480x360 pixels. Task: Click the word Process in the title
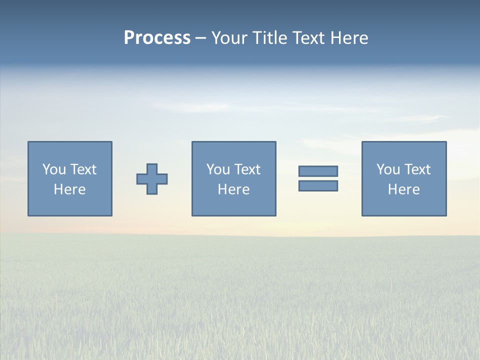point(157,38)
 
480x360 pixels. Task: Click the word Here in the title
point(350,38)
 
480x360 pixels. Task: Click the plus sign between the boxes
point(152,179)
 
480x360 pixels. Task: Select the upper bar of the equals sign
point(318,171)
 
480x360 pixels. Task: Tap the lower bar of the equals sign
point(318,185)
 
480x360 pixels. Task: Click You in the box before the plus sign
point(53,169)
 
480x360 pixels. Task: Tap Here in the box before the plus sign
point(69,189)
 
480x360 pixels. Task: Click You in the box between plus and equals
point(217,169)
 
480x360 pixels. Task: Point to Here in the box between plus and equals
point(233,189)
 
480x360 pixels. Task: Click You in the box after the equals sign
point(387,169)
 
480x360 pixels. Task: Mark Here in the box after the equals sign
point(403,189)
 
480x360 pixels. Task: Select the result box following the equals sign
point(404,205)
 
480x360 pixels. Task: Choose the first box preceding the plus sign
point(70,205)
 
